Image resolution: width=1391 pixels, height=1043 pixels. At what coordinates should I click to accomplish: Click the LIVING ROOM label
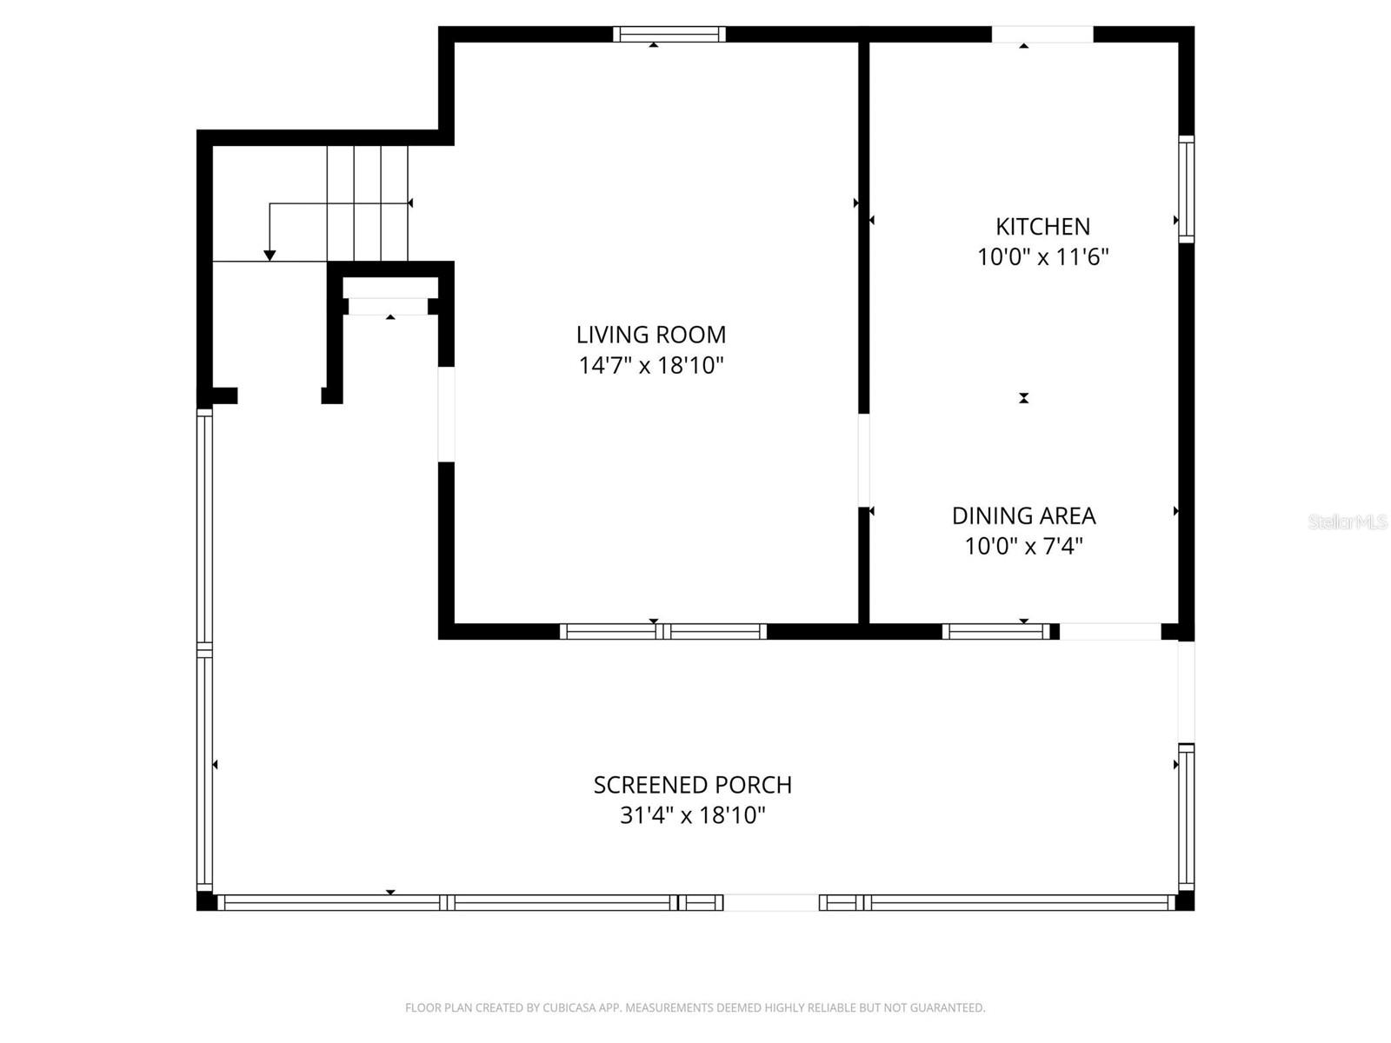point(651,335)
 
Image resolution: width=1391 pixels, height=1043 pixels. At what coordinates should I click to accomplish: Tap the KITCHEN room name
point(1042,227)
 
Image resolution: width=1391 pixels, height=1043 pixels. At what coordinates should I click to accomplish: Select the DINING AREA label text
point(1023,516)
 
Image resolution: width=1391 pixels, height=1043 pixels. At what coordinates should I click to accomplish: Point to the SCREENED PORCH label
point(693,785)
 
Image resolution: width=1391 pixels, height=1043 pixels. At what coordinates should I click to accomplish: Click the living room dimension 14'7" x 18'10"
point(651,365)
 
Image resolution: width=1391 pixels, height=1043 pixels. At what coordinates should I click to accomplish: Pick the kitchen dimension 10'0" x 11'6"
point(1042,257)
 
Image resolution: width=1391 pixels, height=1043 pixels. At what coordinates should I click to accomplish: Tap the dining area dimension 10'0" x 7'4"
point(1023,546)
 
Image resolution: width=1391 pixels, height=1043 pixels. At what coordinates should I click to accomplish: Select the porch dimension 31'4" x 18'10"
point(693,815)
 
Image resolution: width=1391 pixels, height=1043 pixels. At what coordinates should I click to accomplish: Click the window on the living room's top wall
point(669,34)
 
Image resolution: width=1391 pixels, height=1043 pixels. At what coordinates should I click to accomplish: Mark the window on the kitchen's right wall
point(1187,189)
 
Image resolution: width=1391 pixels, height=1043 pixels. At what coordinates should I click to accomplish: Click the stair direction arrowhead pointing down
point(270,256)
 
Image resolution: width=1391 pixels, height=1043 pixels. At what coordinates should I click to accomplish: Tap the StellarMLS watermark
point(1348,521)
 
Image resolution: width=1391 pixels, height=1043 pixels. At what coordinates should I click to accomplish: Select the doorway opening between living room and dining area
point(863,461)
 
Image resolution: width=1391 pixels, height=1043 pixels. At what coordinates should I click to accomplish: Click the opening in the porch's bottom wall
point(771,902)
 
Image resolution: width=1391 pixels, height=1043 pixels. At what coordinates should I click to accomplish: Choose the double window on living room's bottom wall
point(662,631)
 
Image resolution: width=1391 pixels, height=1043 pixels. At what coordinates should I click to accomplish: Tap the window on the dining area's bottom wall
point(995,631)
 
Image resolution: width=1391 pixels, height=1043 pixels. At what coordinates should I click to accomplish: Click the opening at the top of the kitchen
point(1042,34)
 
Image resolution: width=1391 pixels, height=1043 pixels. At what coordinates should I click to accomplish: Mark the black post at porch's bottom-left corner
point(206,901)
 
